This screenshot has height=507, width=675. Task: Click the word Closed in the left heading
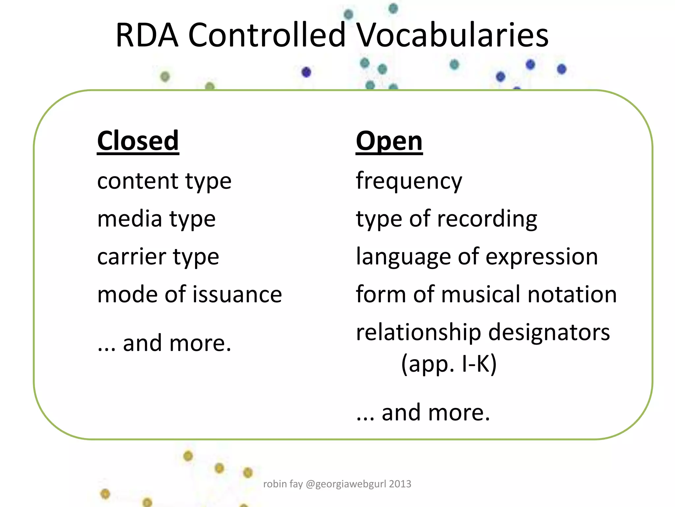138,141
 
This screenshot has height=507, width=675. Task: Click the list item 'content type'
164,182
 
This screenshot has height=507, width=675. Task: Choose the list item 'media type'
156,219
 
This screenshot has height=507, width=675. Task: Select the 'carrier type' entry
158,257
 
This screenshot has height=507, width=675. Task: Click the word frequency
409,182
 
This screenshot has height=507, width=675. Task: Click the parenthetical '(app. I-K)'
449,364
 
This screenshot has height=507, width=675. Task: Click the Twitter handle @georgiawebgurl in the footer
346,484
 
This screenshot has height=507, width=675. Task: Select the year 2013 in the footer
400,484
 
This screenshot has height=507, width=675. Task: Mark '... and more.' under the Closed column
164,343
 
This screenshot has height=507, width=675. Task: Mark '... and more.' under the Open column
423,413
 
